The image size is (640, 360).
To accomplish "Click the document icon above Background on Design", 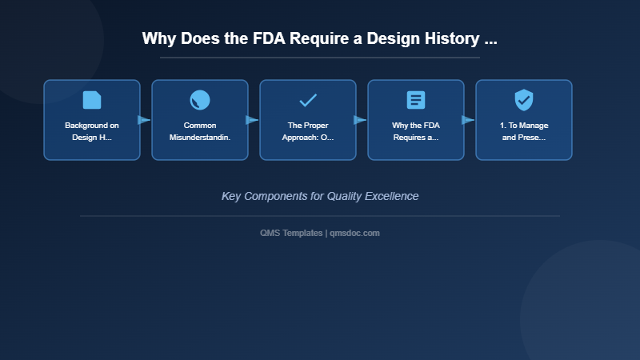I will pyautogui.click(x=92, y=100).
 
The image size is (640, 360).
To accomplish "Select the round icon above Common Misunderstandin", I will pyautogui.click(x=200, y=100).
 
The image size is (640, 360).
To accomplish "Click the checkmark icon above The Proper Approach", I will pyautogui.click(x=308, y=100).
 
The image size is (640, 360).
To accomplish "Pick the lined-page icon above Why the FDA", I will pyautogui.click(x=416, y=100).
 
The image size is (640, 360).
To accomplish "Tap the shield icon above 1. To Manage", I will pyautogui.click(x=524, y=100).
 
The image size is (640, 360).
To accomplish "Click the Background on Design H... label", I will pyautogui.click(x=92, y=131).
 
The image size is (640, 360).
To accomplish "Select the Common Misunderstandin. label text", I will pyautogui.click(x=200, y=131).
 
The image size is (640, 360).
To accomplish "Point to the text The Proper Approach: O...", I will pyautogui.click(x=308, y=131).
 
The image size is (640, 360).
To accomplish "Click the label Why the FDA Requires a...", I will pyautogui.click(x=416, y=131).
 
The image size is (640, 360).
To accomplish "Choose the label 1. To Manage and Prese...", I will pyautogui.click(x=524, y=131).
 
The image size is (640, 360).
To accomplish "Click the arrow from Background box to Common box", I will pyautogui.click(x=144, y=120).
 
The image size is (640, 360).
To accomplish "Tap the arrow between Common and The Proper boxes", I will pyautogui.click(x=252, y=120).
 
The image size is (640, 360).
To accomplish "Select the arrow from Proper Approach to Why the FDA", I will pyautogui.click(x=360, y=120).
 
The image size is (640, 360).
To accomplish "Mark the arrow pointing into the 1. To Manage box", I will pyautogui.click(x=468, y=120).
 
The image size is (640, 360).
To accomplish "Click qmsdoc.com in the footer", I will pyautogui.click(x=354, y=233).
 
